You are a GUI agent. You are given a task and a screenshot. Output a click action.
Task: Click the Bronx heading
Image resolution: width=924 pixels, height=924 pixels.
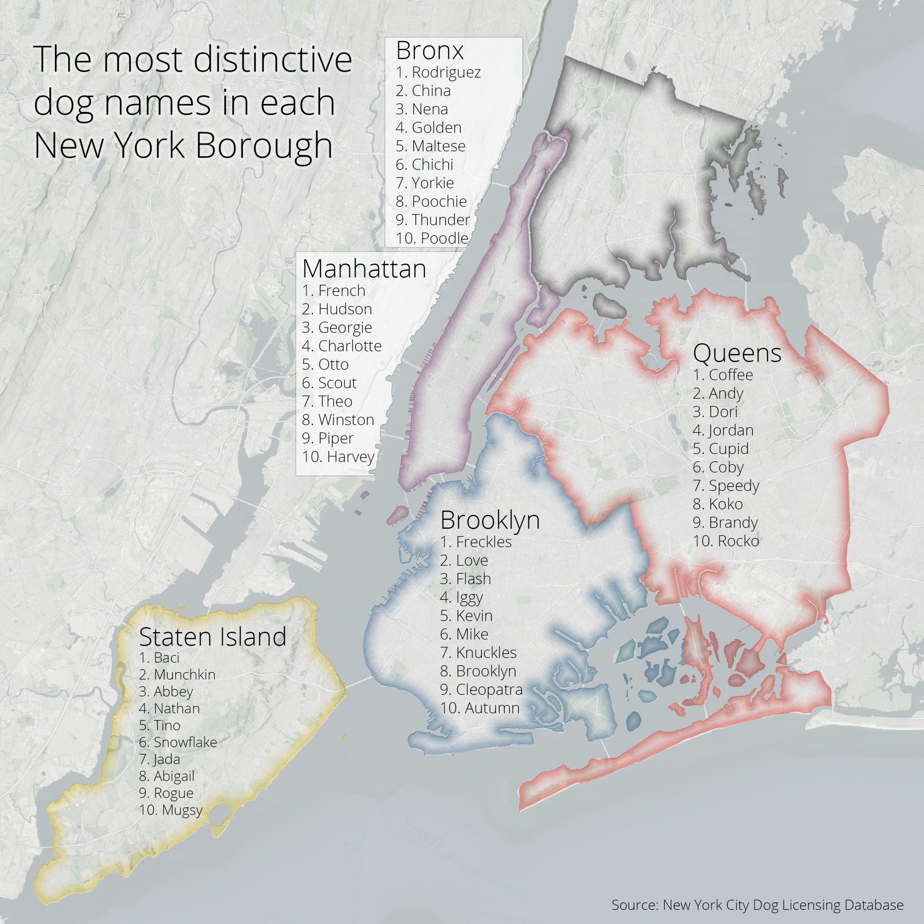[x=430, y=50]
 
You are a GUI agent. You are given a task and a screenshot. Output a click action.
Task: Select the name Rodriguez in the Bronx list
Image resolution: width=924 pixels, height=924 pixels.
[x=446, y=72]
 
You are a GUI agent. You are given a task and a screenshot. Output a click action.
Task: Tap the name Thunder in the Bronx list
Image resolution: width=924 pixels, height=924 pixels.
[x=440, y=219]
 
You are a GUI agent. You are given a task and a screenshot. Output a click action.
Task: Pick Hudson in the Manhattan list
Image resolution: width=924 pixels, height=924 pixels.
[x=345, y=309]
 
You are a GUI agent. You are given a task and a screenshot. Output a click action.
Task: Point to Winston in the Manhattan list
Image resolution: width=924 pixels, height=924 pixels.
[x=346, y=419]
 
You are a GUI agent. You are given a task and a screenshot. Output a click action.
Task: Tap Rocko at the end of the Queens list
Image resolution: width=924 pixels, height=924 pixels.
[x=738, y=541]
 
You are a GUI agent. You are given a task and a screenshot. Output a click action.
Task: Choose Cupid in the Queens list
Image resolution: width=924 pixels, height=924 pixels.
[x=728, y=449]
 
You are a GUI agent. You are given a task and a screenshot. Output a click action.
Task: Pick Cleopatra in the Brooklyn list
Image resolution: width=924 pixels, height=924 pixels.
[x=489, y=689]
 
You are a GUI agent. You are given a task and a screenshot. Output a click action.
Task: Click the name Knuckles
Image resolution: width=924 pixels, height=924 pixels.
[x=486, y=652]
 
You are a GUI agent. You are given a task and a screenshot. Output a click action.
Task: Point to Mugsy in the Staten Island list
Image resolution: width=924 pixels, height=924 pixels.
[x=182, y=810]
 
